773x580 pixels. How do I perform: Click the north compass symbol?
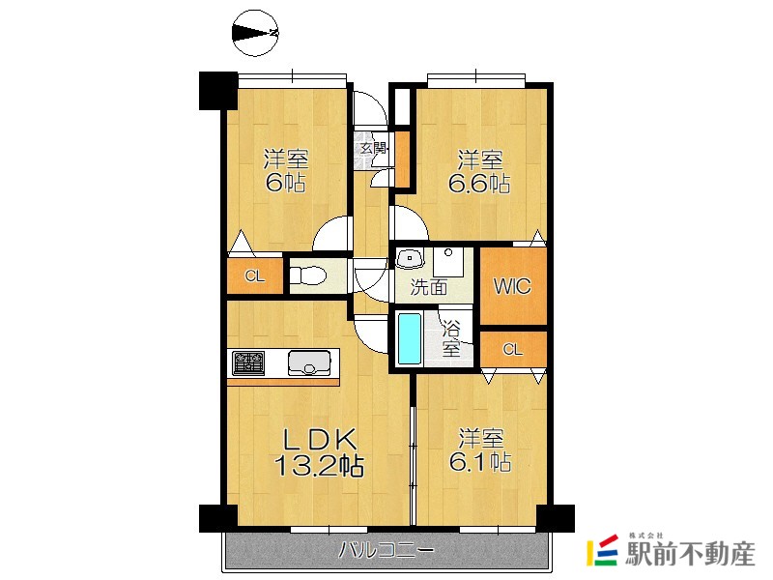(255, 33)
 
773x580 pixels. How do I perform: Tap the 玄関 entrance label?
(373, 147)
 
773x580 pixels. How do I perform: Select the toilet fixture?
(307, 275)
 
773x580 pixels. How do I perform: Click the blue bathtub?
(409, 339)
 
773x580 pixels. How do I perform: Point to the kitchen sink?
(309, 362)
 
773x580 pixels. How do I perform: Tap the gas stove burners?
(248, 362)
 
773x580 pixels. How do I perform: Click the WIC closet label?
(512, 286)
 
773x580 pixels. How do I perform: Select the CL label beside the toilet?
(255, 276)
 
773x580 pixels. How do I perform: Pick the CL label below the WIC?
(512, 350)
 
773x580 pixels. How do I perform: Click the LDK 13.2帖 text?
(319, 451)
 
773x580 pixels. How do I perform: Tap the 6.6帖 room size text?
(479, 185)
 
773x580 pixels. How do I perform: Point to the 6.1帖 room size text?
(479, 462)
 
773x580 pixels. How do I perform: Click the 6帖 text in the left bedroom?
(285, 183)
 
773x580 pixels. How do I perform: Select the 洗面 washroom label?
(429, 287)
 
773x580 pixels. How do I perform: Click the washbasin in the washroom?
(410, 257)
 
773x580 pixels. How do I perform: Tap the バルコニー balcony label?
(386, 550)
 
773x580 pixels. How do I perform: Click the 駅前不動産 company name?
(690, 554)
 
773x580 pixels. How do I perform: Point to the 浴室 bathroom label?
(450, 338)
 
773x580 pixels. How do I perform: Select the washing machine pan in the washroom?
(448, 262)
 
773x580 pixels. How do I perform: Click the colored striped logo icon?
(602, 550)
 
